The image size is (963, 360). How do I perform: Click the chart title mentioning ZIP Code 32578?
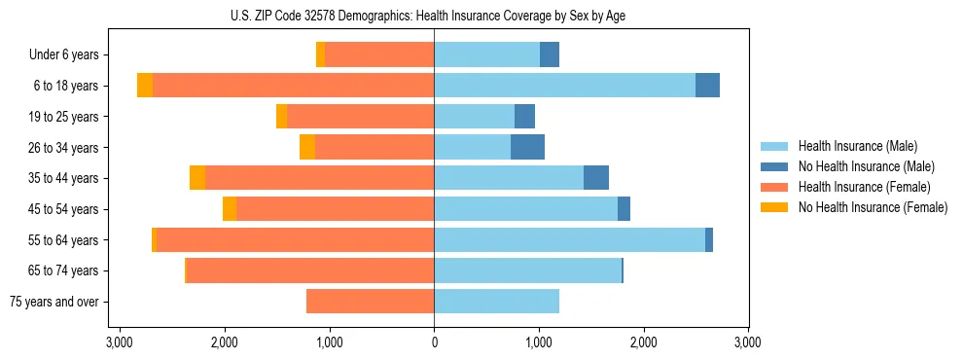tap(434, 15)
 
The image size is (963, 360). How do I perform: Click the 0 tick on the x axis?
tap(434, 342)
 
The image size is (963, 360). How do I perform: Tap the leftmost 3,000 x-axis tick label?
tap(120, 342)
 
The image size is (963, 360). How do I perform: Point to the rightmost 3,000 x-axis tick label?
tap(747, 342)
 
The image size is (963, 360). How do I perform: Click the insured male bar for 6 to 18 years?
tap(564, 86)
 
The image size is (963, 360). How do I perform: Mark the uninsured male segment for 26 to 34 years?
tap(527, 147)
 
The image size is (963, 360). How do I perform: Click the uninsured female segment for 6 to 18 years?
tap(145, 86)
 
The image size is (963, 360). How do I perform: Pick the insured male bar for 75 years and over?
tap(496, 302)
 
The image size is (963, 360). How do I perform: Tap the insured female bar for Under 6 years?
tap(379, 54)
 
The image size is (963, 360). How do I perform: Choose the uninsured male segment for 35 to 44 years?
tap(596, 178)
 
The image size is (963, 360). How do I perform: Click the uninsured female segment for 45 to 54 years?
tap(230, 209)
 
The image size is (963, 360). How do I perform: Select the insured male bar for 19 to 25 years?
tap(474, 117)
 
